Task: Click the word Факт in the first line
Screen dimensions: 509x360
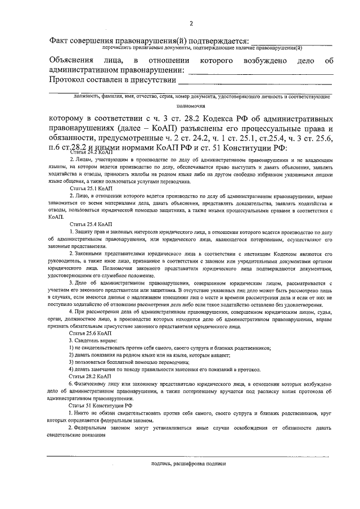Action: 60,41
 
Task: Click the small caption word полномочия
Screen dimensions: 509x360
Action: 191,105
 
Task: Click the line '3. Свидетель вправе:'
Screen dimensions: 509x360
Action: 93,341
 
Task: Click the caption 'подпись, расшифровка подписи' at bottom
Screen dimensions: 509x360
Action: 188,464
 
